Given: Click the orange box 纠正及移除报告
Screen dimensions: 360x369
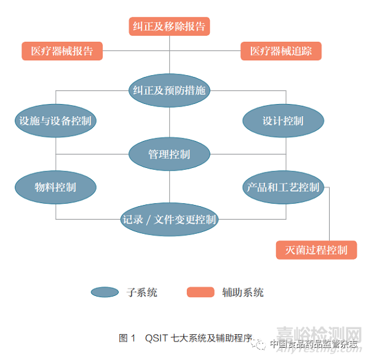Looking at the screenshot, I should click(169, 26).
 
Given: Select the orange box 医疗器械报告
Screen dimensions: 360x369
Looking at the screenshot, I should click(62, 51).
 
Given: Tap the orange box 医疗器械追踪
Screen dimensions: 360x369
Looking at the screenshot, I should click(281, 51).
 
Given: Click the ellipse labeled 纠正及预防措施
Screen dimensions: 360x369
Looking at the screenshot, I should click(169, 90).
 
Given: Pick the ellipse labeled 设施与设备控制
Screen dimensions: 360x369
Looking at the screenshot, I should click(55, 121).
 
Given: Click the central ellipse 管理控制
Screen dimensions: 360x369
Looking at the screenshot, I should click(169, 154).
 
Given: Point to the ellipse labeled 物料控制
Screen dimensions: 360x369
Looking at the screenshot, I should click(55, 186).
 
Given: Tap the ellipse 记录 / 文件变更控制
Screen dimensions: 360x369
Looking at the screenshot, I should click(169, 219).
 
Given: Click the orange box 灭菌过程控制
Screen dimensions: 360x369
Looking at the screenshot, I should click(316, 249).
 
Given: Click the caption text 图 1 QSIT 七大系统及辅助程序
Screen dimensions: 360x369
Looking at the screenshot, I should click(185, 338).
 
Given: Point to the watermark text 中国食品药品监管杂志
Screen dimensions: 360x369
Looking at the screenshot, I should click(314, 344).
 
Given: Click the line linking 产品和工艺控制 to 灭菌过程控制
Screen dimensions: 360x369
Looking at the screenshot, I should click(330, 215).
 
